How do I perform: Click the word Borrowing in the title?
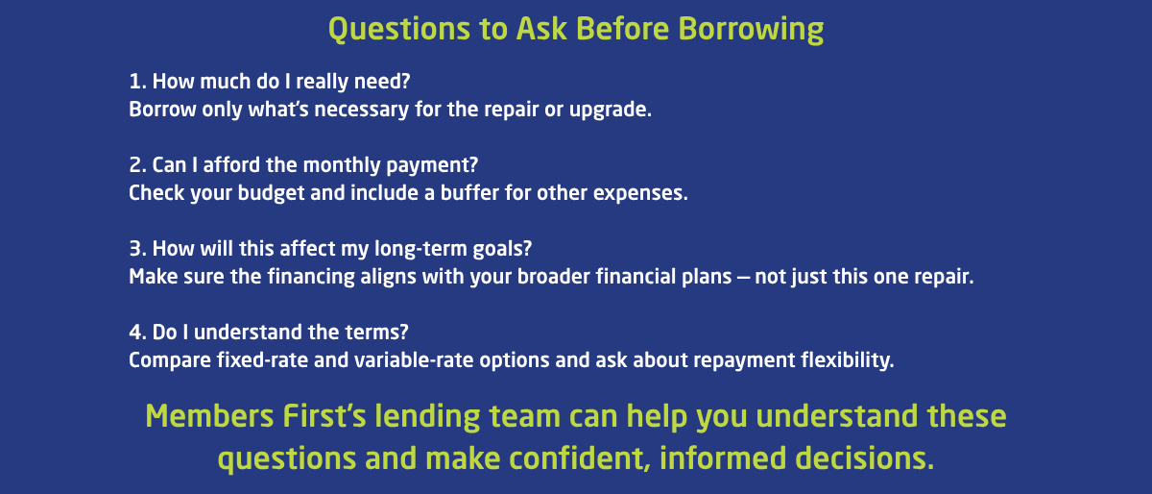pos(751,30)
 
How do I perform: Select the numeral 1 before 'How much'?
pos(134,82)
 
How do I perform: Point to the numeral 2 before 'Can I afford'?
pos(135,165)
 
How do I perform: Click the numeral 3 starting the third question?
pos(135,249)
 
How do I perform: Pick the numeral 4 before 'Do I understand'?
pos(135,333)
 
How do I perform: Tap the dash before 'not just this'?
pos(743,278)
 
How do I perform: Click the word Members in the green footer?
pos(209,416)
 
